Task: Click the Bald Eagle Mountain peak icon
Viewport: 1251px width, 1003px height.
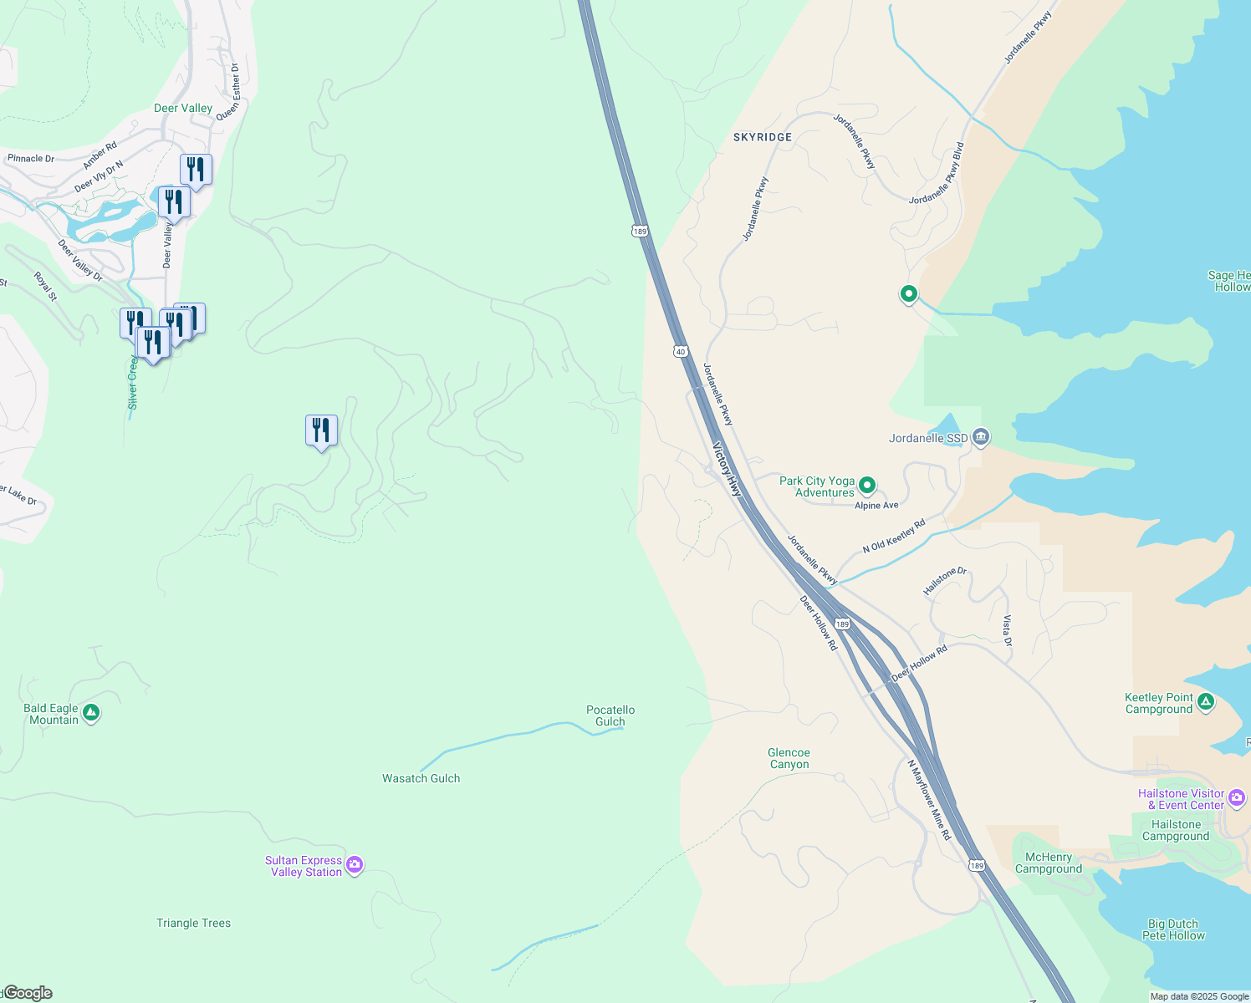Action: [x=92, y=713]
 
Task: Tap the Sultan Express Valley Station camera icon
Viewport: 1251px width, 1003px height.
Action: [x=355, y=865]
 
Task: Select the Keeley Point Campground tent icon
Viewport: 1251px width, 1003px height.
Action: [x=1205, y=702]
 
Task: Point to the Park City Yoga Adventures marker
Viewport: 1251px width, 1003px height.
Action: [x=867, y=485]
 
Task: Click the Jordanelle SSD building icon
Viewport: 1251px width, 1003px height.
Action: [x=982, y=437]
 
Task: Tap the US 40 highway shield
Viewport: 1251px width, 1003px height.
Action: [x=681, y=352]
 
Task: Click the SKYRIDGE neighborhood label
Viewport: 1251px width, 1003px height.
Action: [x=762, y=136]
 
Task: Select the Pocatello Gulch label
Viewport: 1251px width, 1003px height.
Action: [x=610, y=715]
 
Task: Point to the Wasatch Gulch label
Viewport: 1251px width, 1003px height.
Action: [x=421, y=778]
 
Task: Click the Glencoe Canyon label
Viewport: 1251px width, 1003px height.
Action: [x=789, y=758]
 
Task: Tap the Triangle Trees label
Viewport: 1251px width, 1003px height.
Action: [x=193, y=923]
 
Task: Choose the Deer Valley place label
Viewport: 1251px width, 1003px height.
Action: [x=183, y=108]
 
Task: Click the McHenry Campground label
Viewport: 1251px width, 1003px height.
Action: [x=1048, y=863]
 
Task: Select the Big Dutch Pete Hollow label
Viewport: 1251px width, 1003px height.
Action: [x=1173, y=929]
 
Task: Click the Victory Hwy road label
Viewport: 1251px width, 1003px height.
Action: [x=727, y=469]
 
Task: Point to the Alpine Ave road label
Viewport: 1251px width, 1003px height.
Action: [x=876, y=505]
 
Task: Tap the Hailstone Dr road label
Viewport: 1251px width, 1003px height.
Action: [x=944, y=581]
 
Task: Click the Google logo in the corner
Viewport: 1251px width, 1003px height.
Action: [x=28, y=993]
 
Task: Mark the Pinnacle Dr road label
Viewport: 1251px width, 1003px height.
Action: [x=31, y=158]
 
